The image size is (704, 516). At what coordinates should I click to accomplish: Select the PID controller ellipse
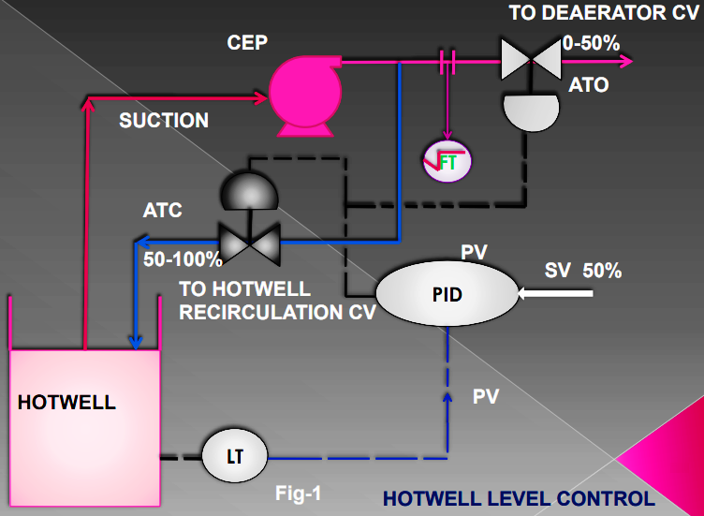click(448, 293)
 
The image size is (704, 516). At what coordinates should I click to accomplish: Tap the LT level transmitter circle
click(235, 456)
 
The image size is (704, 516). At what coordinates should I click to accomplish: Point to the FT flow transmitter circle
click(447, 161)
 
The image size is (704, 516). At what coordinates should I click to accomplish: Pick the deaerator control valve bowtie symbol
click(530, 62)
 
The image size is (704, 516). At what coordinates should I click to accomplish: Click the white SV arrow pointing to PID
click(558, 294)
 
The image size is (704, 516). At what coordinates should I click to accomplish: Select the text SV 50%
click(583, 271)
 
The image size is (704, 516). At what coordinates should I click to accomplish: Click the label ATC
click(162, 211)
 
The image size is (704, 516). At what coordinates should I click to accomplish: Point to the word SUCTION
click(164, 121)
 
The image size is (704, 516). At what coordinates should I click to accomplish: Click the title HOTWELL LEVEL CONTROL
click(519, 497)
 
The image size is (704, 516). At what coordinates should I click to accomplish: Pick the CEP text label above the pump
click(248, 44)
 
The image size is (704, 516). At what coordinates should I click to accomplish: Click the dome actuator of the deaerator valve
click(530, 111)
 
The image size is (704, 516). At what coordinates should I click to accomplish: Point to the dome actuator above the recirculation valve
click(247, 193)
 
